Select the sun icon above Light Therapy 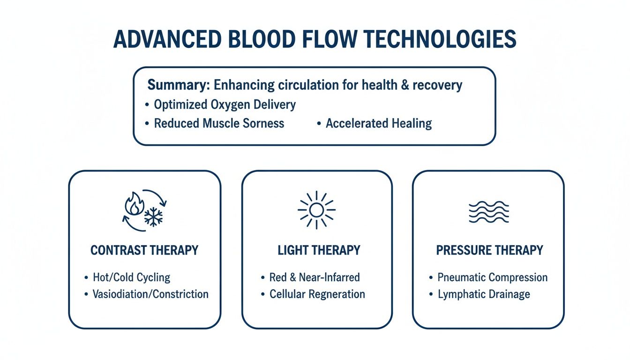[316, 210]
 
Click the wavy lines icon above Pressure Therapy [488, 212]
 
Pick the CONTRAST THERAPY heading [144, 250]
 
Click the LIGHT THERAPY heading [319, 250]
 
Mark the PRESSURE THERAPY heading [489, 250]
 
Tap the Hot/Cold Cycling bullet [131, 277]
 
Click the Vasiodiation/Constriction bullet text [150, 294]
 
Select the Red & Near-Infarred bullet [314, 277]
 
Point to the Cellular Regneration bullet [317, 294]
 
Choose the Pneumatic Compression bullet [492, 277]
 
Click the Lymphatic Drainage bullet [484, 294]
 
